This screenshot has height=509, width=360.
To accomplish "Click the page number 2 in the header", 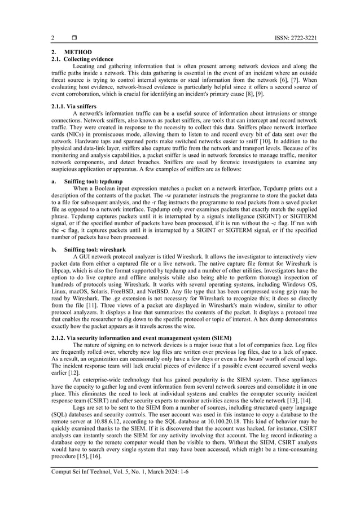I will (52, 38).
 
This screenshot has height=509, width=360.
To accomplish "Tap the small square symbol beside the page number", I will (74, 38).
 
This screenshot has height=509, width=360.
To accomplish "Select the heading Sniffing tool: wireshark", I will (98, 249).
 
